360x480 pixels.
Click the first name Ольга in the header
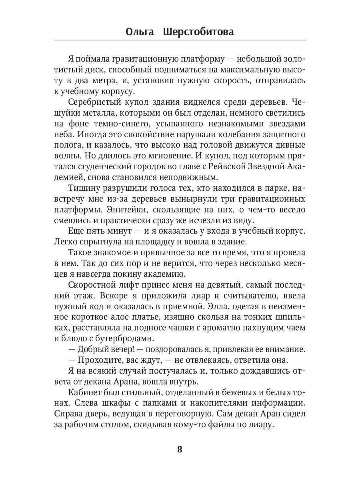(x=140, y=32)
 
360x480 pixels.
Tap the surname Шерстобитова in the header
(x=198, y=32)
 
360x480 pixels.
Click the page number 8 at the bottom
(x=180, y=449)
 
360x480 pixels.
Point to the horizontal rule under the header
(x=180, y=40)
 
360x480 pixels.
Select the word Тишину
(x=83, y=188)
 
